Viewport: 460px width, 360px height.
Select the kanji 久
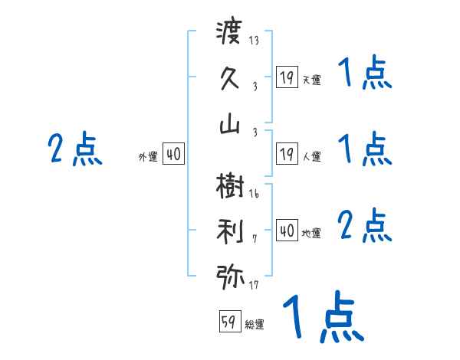click(230, 78)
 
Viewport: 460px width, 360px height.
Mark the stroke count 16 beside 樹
click(254, 194)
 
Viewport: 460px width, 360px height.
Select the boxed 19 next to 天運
click(287, 77)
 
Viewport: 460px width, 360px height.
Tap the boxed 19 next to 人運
click(287, 154)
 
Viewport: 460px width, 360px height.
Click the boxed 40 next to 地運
click(287, 231)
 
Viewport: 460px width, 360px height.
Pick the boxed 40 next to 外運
click(173, 154)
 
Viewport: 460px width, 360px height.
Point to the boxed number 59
click(229, 322)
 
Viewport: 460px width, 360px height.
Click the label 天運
click(311, 80)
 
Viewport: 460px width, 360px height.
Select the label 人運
click(311, 157)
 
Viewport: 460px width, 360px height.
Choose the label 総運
click(255, 325)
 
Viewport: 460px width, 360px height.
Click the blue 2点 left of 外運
click(74, 149)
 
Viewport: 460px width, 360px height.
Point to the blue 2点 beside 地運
click(364, 225)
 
